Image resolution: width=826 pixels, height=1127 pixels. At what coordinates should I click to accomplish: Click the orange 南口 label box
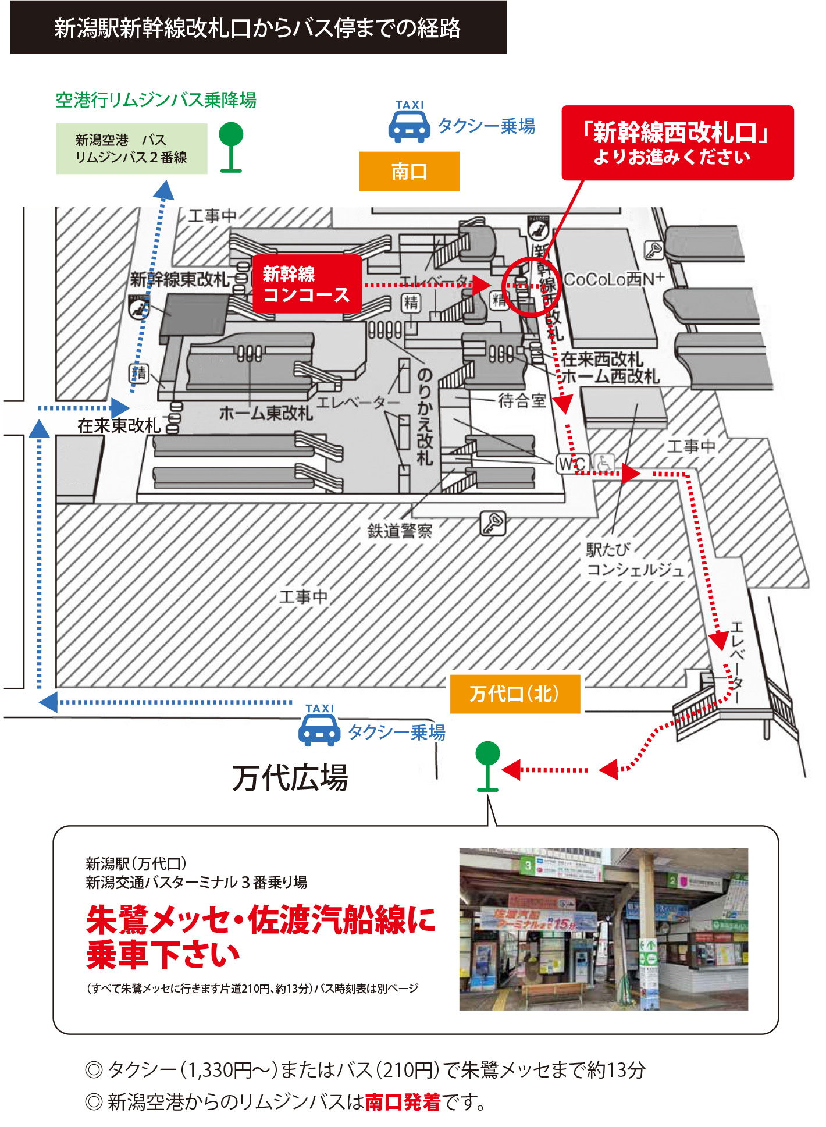[409, 171]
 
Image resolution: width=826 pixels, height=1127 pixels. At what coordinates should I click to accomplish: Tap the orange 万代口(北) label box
[515, 694]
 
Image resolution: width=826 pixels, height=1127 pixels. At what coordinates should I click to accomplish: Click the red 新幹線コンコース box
[307, 284]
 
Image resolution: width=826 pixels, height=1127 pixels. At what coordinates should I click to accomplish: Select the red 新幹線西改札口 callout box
[677, 143]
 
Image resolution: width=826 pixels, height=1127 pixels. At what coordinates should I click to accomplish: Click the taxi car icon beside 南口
[409, 127]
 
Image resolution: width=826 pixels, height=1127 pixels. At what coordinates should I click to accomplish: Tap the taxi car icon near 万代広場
[319, 730]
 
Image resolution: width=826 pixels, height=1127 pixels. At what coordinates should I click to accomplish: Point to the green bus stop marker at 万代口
[487, 766]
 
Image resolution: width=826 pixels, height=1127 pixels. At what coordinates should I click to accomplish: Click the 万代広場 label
[290, 778]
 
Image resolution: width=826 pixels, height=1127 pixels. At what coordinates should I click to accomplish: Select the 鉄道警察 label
[400, 531]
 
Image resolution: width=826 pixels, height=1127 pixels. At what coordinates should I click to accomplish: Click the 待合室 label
[522, 400]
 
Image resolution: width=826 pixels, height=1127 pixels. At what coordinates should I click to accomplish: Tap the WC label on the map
[572, 464]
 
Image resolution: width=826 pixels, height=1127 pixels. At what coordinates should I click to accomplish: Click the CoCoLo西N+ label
[614, 279]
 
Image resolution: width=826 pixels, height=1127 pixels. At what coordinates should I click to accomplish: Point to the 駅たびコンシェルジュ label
[634, 559]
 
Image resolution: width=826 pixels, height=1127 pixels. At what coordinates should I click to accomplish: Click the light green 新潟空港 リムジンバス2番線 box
[131, 148]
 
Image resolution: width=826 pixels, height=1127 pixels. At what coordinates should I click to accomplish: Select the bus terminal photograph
[603, 929]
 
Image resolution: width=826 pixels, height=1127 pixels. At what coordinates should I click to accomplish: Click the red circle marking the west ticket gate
[531, 286]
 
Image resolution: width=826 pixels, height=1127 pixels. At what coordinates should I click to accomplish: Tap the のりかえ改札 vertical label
[425, 416]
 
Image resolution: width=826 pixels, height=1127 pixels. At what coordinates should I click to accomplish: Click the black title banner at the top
[258, 27]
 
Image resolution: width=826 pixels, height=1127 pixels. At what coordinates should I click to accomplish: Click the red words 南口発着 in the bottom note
[403, 1101]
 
